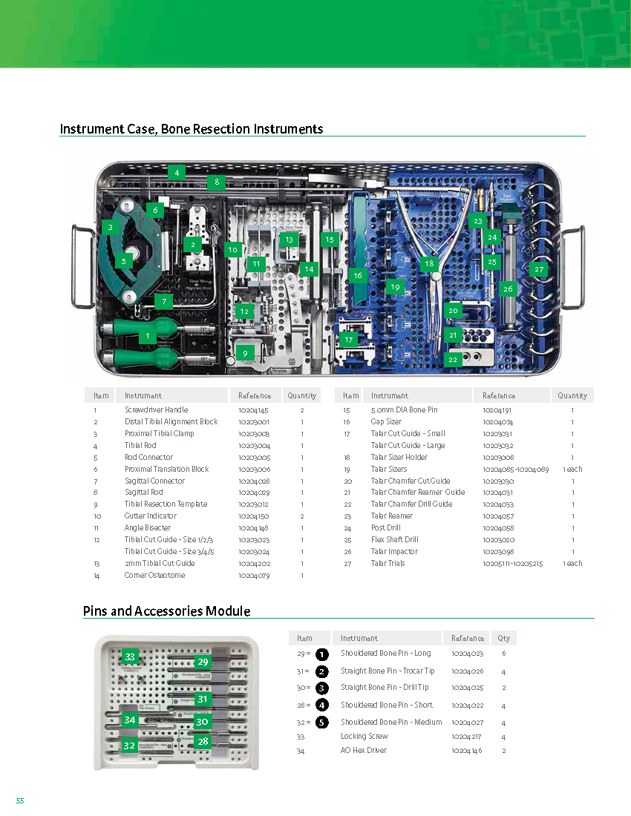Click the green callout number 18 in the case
click(x=429, y=263)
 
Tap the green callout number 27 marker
click(x=539, y=270)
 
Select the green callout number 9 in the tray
click(x=245, y=353)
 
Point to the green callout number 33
click(x=130, y=657)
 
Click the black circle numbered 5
click(x=321, y=722)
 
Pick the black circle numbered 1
click(x=321, y=654)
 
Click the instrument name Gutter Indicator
click(x=151, y=516)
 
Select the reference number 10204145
click(x=254, y=409)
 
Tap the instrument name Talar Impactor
click(x=394, y=551)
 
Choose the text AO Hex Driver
click(x=364, y=750)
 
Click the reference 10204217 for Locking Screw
click(x=468, y=736)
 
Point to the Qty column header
click(x=503, y=638)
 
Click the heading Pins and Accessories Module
click(x=166, y=611)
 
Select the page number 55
click(x=20, y=800)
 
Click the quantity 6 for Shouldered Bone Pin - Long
click(x=503, y=654)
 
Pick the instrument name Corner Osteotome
click(x=155, y=575)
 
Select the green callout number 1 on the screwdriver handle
click(x=148, y=336)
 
